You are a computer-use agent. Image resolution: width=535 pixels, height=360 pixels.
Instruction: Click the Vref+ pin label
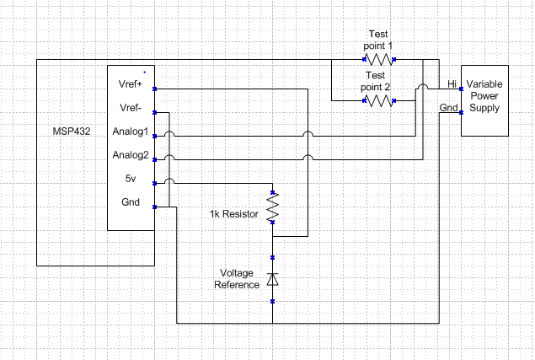pos(131,84)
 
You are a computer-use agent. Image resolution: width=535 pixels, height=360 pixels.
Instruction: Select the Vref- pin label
pos(131,108)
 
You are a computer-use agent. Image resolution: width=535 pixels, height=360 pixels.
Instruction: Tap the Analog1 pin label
pos(131,132)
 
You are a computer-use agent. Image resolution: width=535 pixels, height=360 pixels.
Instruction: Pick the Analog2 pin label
pos(131,155)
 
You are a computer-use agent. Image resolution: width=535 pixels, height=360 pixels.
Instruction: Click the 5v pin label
pos(131,178)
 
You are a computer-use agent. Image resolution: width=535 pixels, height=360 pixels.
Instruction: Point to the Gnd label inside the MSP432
pos(131,202)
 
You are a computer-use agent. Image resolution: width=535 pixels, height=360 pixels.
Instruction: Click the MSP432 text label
pos(72,132)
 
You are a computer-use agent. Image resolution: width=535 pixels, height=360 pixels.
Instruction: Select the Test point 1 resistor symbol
pos(379,59)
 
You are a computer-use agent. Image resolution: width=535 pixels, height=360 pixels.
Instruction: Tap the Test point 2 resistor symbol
pos(379,101)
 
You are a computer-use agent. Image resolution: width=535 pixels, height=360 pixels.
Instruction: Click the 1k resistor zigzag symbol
pos(273,207)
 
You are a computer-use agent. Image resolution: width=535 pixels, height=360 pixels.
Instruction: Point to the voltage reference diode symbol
pos(273,279)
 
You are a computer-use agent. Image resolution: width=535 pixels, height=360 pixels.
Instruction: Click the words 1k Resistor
pos(234,214)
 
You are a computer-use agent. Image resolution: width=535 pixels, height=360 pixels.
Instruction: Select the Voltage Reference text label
pos(237,279)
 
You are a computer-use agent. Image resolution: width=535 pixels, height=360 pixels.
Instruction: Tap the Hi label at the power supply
pos(452,84)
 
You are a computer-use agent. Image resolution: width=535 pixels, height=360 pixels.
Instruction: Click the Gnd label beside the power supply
pos(448,108)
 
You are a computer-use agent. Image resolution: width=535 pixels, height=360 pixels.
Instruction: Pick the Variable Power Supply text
pos(484,96)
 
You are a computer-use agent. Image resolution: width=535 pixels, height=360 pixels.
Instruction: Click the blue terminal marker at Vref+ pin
pos(154,89)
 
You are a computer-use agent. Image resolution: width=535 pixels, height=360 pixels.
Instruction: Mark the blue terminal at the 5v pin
pos(154,184)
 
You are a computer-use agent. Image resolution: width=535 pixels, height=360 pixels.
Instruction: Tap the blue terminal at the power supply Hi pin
pos(462,89)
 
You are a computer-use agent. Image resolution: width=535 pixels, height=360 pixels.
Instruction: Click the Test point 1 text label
pos(378,40)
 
